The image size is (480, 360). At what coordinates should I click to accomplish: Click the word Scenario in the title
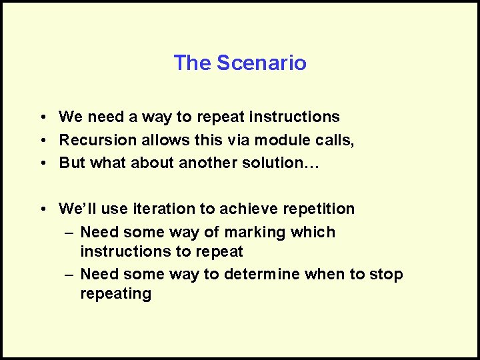click(x=262, y=63)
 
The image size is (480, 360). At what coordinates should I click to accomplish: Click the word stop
click(x=388, y=274)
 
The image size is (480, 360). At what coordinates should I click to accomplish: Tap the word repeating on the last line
click(x=115, y=293)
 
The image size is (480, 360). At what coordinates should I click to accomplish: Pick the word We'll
click(x=78, y=209)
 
